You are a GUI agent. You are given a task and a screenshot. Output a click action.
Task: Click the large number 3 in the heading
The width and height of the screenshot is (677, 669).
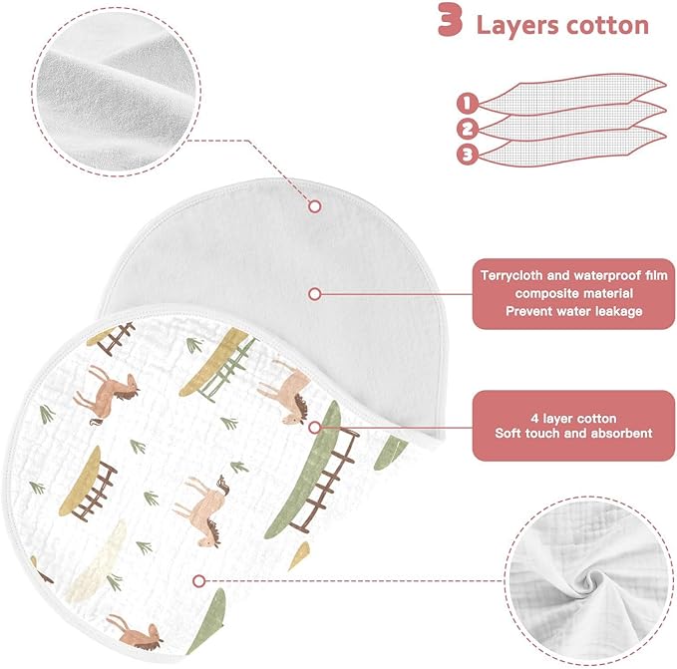coord(451,20)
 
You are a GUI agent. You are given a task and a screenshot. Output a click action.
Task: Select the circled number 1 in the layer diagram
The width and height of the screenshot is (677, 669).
coord(467,103)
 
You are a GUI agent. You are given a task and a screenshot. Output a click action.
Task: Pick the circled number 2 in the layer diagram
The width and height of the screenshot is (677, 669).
coord(468,129)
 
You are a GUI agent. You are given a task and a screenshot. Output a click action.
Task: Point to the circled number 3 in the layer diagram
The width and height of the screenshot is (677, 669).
coord(468,155)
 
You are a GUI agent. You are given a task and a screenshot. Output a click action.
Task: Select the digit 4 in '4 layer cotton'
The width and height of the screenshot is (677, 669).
coord(535,418)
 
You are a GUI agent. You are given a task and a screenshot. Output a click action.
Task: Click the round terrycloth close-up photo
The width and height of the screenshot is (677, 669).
coord(117,91)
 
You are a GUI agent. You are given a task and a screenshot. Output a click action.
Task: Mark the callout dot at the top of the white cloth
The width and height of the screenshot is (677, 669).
coord(315,206)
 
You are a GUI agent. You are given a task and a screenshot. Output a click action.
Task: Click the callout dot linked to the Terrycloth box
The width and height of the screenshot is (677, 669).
coord(315,294)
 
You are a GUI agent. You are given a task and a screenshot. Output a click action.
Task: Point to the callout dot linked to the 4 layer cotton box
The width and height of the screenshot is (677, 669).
coord(315,428)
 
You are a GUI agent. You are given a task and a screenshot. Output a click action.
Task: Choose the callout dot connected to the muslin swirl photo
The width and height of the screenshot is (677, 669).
coord(198,581)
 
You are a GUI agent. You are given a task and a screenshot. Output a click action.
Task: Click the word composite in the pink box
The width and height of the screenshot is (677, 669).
coord(541,294)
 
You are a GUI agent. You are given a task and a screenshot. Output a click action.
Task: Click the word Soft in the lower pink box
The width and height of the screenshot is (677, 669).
coord(507,433)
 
